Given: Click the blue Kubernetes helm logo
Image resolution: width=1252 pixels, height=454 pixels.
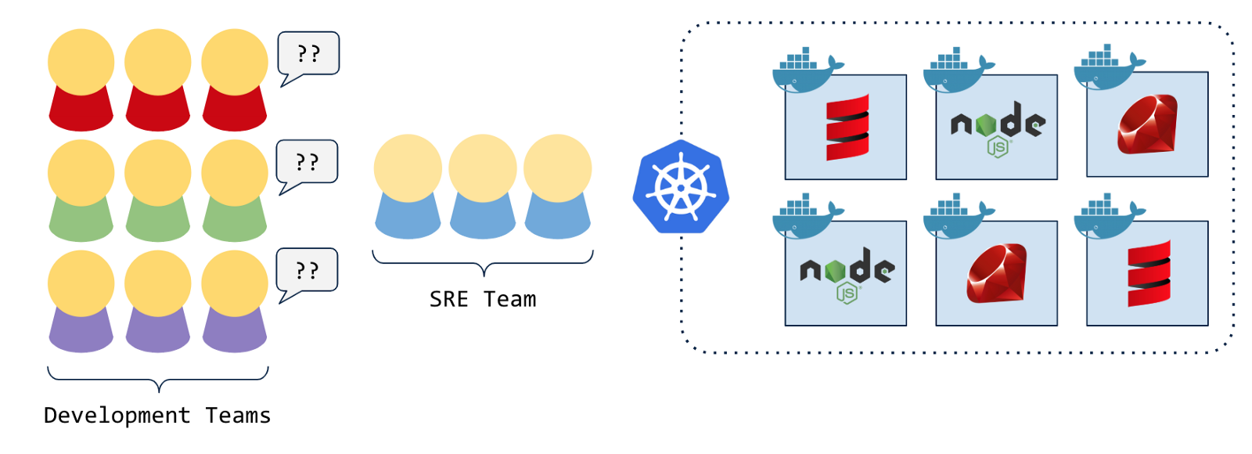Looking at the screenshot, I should tap(681, 187).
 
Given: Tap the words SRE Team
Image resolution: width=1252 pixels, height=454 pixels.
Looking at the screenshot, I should tap(483, 299).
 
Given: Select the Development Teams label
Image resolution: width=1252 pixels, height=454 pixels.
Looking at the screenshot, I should tap(157, 415).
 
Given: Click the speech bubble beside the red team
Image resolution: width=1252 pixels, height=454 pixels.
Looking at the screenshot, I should tap(309, 54).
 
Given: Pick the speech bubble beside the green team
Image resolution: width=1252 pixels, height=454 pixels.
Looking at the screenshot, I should tap(308, 162).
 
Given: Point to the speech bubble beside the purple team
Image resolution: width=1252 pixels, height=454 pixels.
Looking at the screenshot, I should tap(308, 270).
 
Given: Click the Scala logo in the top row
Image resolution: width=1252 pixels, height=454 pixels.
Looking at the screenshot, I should tap(847, 127).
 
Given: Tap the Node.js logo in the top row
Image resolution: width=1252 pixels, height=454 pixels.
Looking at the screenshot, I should tap(998, 128).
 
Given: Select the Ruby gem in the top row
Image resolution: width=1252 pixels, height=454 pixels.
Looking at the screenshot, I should tap(1147, 124).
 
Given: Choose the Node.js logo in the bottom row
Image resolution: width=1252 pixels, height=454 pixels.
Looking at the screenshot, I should tap(847, 274).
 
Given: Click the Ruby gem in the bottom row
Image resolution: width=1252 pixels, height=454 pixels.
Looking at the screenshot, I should tap(996, 273).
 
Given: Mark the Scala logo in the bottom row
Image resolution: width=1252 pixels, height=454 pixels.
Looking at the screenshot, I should tap(1149, 273).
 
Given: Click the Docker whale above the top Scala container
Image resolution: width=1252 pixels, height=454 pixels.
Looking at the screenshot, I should tap(806, 70).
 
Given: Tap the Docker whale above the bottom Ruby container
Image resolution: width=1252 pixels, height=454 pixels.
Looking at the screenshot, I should tap(956, 217).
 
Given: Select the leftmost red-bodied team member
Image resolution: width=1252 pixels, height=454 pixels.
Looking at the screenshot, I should tap(81, 80).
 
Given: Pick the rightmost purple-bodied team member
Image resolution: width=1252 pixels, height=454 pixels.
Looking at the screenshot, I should tap(235, 301).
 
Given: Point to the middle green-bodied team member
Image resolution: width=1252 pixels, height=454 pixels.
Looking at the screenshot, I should tap(158, 190).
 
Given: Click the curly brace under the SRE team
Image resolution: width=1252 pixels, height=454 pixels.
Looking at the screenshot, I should tap(483, 262).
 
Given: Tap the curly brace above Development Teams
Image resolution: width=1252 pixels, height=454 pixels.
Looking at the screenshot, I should tap(158, 377).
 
